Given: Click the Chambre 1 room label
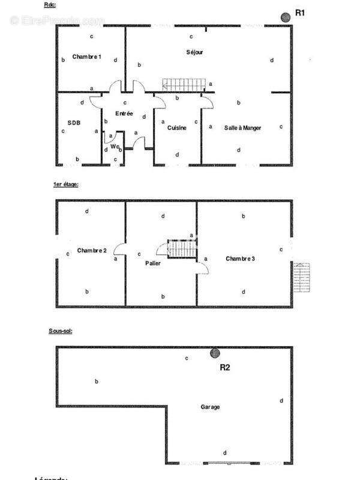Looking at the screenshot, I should (86, 57).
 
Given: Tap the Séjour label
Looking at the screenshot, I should (195, 52).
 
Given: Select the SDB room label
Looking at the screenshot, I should (74, 123).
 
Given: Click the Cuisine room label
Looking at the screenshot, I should (176, 128).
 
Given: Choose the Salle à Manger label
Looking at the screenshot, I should (242, 128).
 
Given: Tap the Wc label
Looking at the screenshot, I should (113, 146).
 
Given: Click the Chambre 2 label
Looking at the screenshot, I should (92, 250).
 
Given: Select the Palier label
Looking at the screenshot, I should (153, 263).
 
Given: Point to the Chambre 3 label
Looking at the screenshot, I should (241, 259).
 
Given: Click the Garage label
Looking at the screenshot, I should (210, 407).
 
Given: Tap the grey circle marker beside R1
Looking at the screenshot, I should (286, 16).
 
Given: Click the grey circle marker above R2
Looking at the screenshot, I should (214, 353).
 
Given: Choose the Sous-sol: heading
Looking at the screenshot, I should (61, 331).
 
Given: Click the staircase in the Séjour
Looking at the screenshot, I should (184, 84).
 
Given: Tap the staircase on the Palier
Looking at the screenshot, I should (182, 248).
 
